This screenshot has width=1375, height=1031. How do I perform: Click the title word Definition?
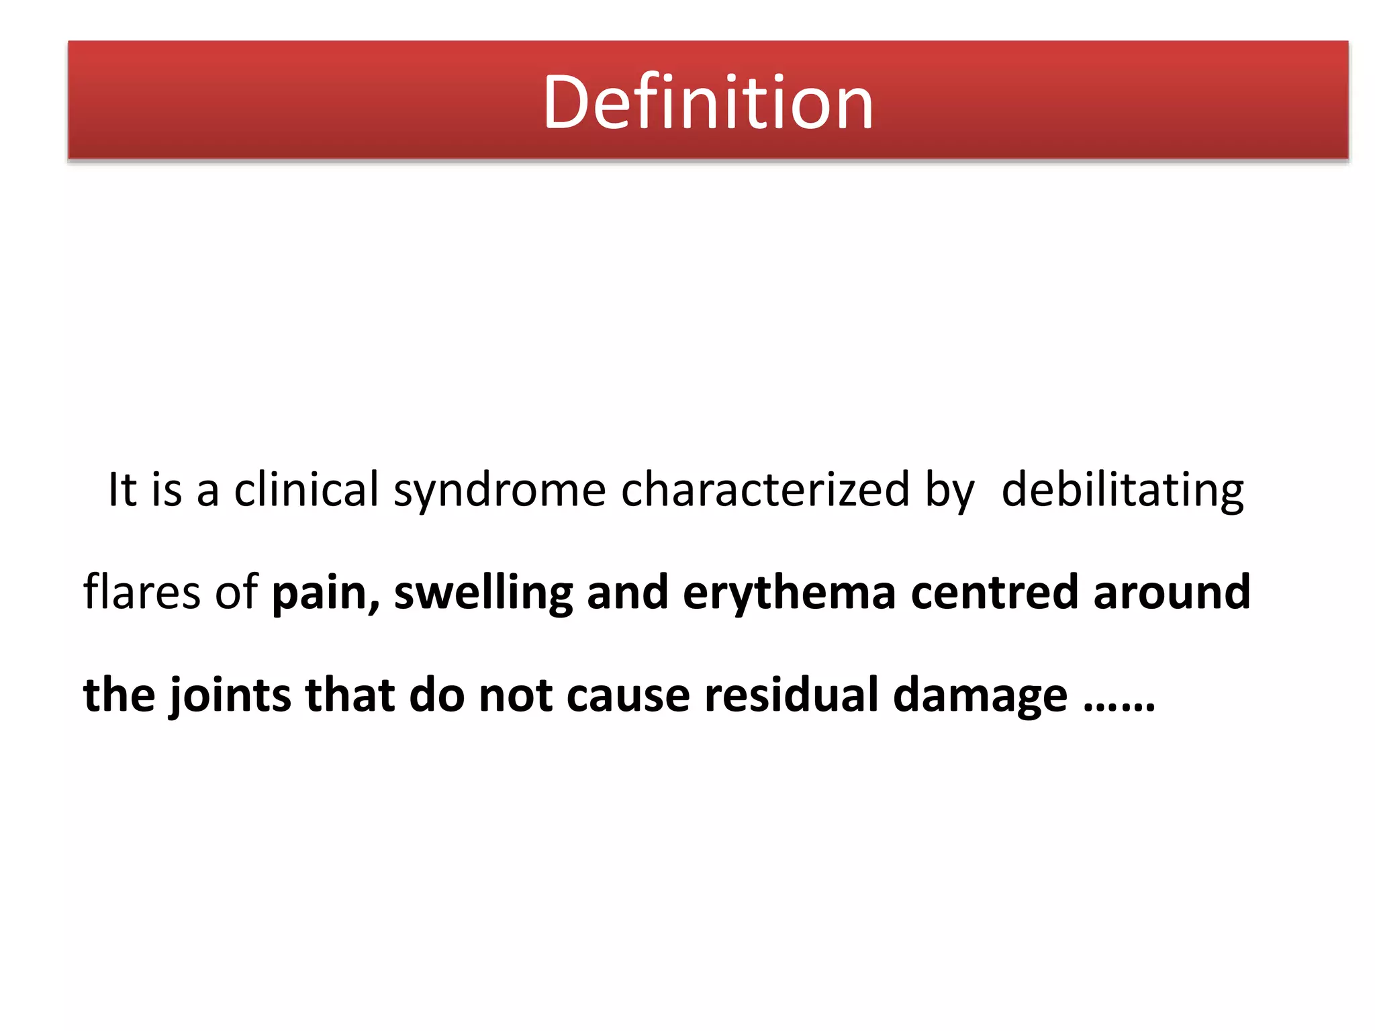tap(708, 103)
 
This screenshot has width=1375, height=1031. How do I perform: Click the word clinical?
tap(306, 489)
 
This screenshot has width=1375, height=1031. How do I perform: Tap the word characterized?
tap(765, 489)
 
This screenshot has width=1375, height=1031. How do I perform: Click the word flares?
tap(142, 592)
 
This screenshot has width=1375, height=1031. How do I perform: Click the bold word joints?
tap(230, 695)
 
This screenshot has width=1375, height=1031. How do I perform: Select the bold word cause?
tap(628, 695)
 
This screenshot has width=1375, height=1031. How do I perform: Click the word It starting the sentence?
tap(122, 489)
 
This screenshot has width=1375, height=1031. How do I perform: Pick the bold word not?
tap(515, 695)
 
